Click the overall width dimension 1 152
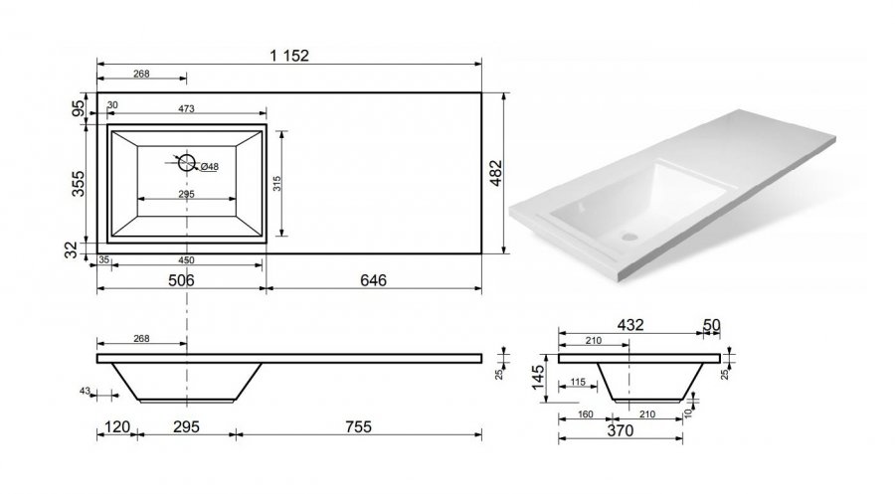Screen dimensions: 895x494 (x=289, y=56)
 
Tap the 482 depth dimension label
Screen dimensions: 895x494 (x=496, y=173)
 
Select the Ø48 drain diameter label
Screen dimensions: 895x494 (x=210, y=167)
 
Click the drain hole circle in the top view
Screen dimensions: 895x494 (x=187, y=163)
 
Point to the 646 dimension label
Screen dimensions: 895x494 (x=373, y=280)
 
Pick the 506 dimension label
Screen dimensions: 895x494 (x=181, y=280)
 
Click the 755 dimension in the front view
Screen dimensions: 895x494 (x=358, y=426)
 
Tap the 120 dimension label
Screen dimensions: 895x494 (x=117, y=426)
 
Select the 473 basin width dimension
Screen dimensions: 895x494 (x=187, y=108)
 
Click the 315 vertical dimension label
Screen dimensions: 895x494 (x=277, y=183)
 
